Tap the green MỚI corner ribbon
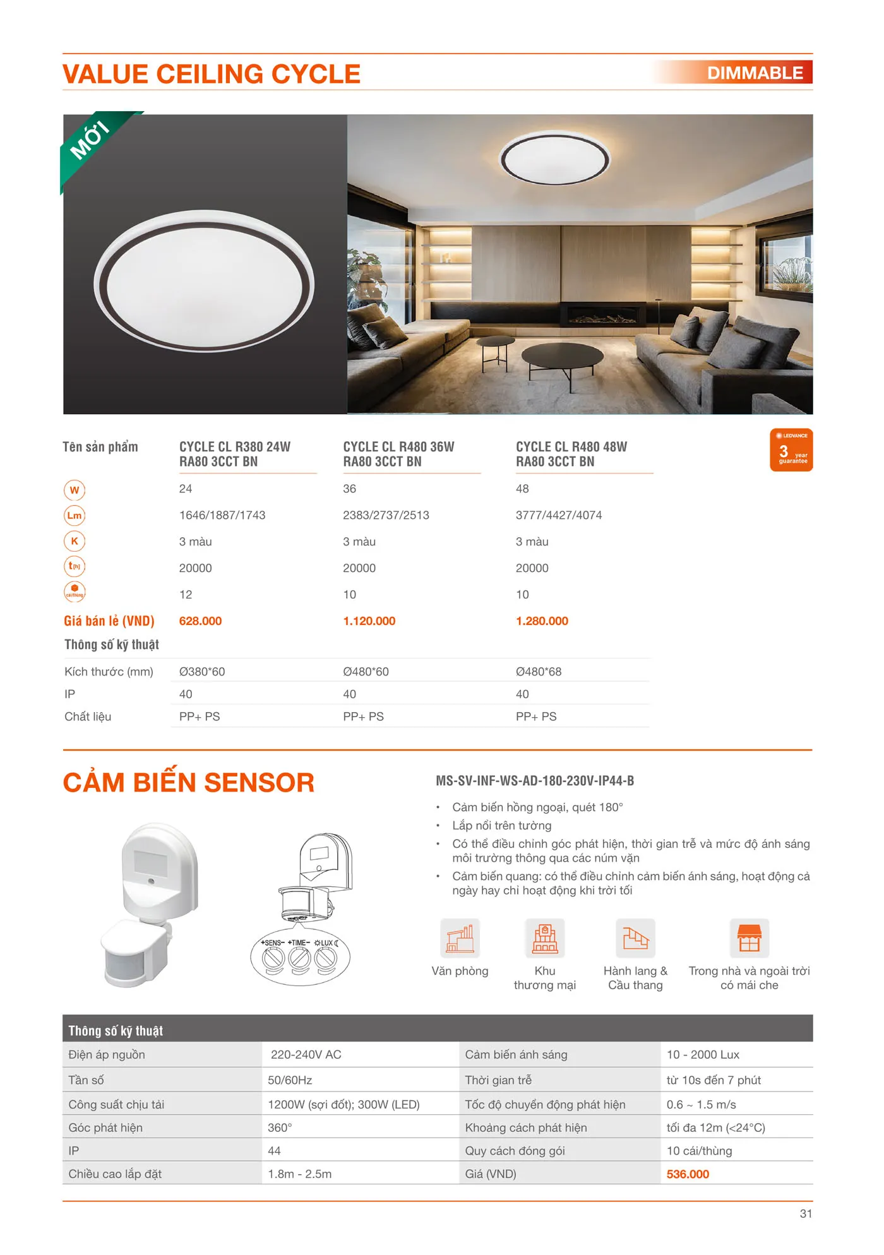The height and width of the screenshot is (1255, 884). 90,140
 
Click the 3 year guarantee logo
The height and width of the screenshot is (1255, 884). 791,450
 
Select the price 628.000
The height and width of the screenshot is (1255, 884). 200,621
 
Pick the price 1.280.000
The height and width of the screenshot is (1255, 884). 542,621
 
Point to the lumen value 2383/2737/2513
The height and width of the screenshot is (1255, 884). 386,515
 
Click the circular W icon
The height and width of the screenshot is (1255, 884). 75,490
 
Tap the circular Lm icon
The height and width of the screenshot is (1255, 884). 75,516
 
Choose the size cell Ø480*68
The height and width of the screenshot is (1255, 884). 539,672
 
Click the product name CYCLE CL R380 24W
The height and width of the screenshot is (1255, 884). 234,447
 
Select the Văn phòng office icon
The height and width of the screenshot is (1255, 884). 460,939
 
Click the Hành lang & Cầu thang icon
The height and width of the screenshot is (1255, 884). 635,939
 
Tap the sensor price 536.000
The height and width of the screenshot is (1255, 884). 688,1174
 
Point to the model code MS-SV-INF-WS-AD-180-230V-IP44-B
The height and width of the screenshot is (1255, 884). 535,781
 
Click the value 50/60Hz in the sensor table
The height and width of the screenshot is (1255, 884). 290,1080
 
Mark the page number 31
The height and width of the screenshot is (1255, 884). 806,1213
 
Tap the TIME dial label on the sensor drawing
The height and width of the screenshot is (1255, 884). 299,943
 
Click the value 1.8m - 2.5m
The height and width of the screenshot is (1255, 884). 299,1174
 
